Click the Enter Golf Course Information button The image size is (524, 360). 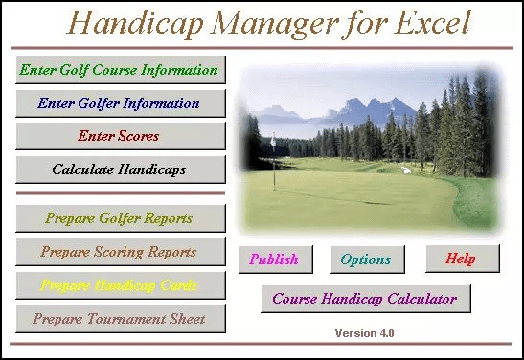120,70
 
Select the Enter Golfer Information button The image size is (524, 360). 120,102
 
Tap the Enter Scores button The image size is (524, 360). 120,136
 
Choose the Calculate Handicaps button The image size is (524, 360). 120,169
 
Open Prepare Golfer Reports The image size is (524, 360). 120,218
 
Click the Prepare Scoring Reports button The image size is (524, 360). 120,252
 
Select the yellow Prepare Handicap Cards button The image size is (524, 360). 120,285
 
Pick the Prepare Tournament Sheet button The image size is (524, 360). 120,318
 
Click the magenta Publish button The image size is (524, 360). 274,259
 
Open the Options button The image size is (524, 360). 366,259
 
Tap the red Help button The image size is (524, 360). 460,259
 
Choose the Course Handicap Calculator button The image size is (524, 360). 365,298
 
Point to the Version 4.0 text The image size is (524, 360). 364,333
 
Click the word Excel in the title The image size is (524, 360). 421,21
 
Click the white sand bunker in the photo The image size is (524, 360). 406,170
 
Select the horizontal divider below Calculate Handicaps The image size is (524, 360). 120,193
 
